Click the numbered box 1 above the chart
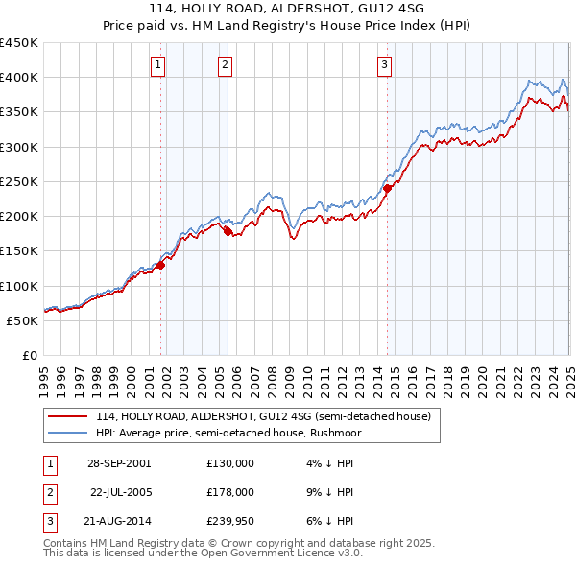[157, 65]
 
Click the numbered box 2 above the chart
[224, 65]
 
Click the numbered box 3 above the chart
[383, 65]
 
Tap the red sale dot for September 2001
[161, 266]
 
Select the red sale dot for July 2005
[228, 231]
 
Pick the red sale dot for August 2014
[388, 188]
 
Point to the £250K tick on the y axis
[19, 181]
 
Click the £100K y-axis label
[19, 286]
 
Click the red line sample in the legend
[69, 416]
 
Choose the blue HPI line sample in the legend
[69, 433]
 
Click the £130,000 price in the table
[230, 462]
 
